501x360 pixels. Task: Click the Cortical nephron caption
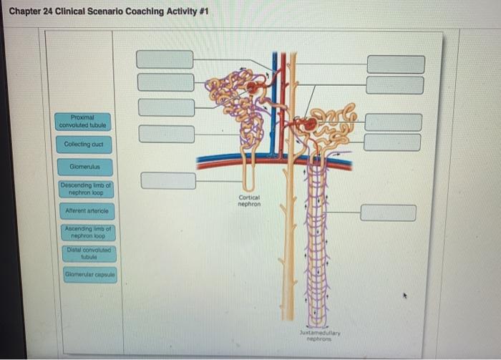(249, 201)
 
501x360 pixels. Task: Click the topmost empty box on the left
(165, 59)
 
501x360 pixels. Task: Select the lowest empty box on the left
(168, 180)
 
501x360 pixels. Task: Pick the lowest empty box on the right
(388, 213)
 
